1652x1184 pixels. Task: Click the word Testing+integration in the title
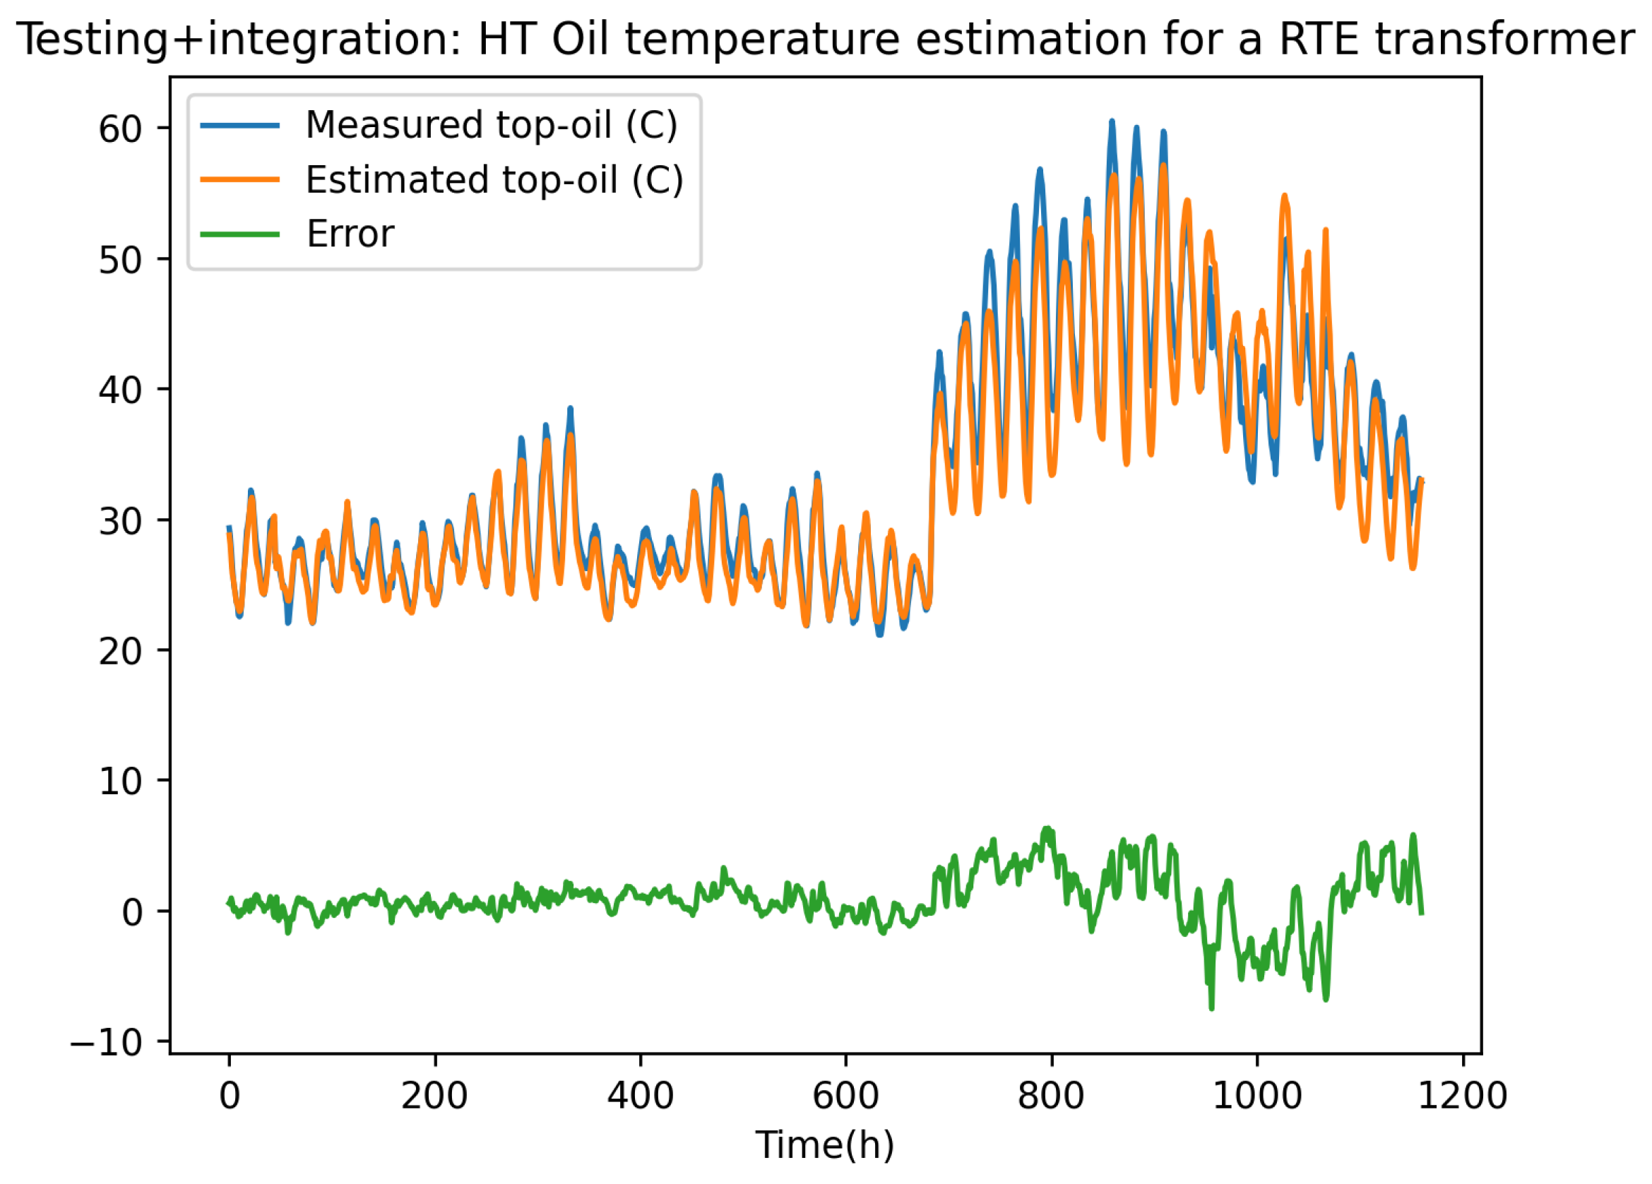coord(237,40)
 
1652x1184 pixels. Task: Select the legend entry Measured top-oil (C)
coord(492,125)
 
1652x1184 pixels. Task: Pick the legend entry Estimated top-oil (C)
coord(494,180)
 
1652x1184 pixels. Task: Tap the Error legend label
coord(350,234)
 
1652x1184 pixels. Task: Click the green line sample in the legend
coord(239,234)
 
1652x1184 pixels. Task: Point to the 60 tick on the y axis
coord(119,130)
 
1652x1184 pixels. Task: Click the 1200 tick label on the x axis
coord(1462,1096)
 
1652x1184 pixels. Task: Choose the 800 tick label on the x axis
coord(1051,1096)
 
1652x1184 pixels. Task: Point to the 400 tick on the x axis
coord(641,1096)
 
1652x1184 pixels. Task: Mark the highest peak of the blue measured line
coord(1112,121)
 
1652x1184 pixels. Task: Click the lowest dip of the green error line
coord(1211,1008)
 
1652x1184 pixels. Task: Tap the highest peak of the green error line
coord(1047,828)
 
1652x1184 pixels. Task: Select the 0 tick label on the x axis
coord(230,1096)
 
